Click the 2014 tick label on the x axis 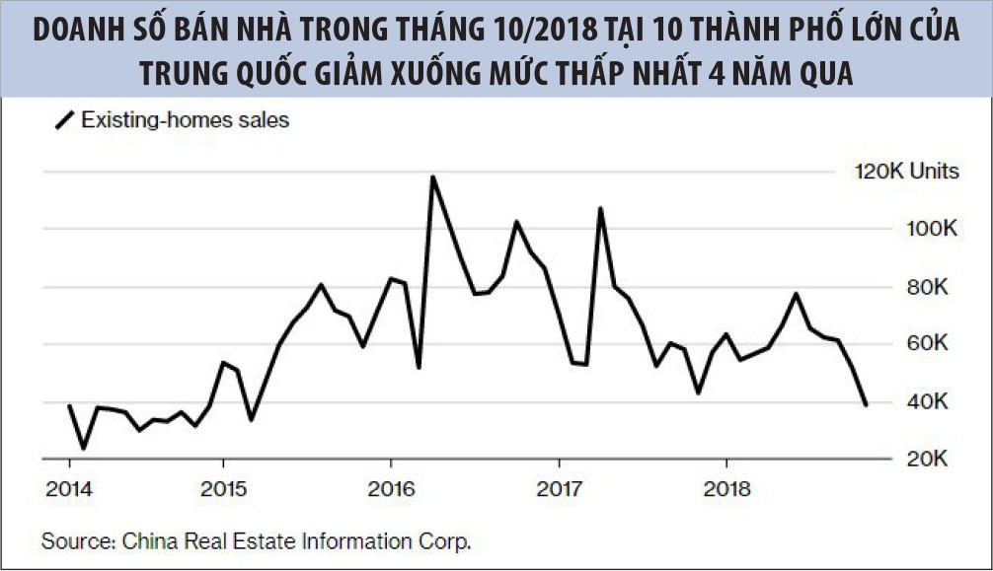(69, 489)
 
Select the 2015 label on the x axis (223, 489)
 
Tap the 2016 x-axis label (391, 489)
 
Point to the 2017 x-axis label (559, 489)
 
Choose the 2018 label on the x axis (726, 489)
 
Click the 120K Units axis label (906, 172)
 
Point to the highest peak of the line (432, 178)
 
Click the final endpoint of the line (866, 404)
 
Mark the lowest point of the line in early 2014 (83, 448)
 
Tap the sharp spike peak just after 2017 (599, 209)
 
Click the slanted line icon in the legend (64, 121)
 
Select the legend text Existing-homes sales (185, 121)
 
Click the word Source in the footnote (75, 540)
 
